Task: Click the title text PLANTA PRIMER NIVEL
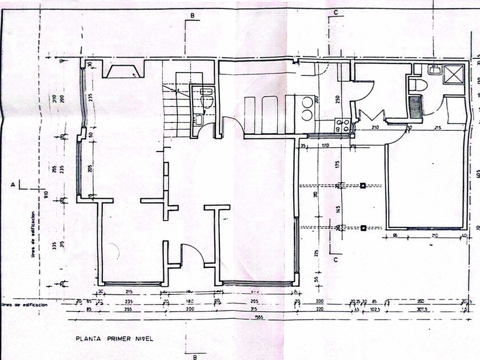tap(114, 338)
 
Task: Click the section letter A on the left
tap(13, 185)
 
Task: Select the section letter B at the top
tap(193, 15)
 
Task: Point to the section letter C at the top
tap(336, 12)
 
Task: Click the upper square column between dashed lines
tap(363, 185)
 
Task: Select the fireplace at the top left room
tap(122, 71)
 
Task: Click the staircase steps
tap(174, 109)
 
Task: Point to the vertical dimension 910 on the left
tap(46, 194)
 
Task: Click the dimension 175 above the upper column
tap(338, 165)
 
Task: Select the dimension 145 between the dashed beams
tap(338, 209)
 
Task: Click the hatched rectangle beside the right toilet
tap(415, 106)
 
